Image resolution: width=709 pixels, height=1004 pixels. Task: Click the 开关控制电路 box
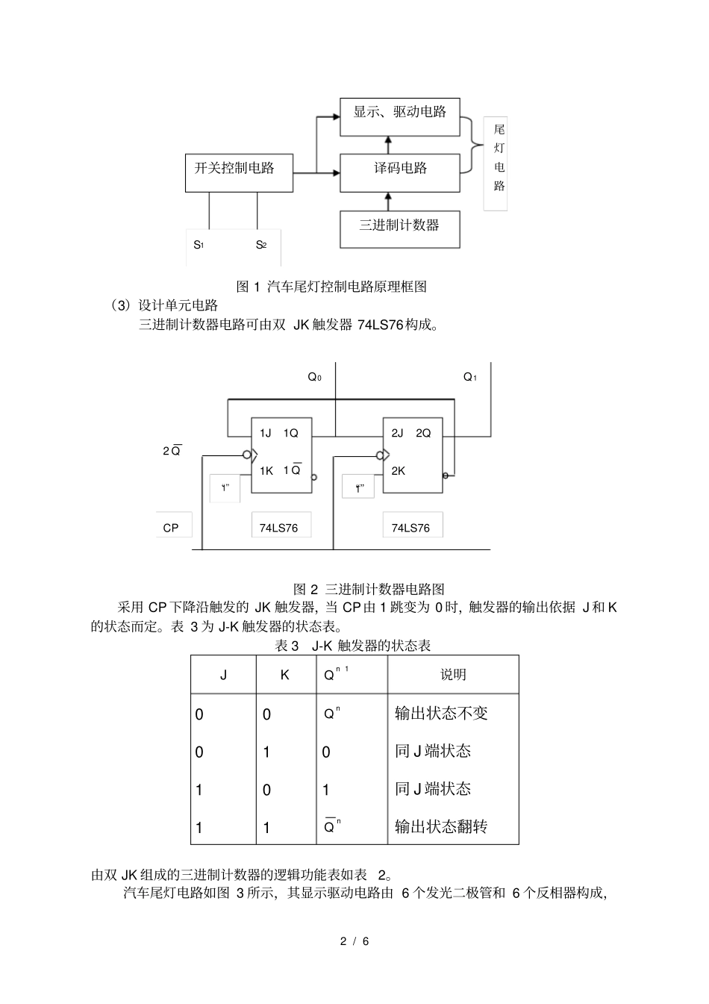pyautogui.click(x=239, y=172)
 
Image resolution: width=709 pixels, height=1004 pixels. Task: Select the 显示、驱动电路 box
pyautogui.click(x=399, y=116)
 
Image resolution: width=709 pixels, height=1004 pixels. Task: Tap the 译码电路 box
pyautogui.click(x=399, y=172)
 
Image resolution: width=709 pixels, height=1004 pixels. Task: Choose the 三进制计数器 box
pyautogui.click(x=399, y=229)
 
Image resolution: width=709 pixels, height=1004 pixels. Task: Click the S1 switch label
pyautogui.click(x=199, y=244)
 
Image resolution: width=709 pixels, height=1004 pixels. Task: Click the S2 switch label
pyautogui.click(x=260, y=244)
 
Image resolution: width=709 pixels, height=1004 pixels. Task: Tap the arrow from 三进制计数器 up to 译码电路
pyautogui.click(x=387, y=201)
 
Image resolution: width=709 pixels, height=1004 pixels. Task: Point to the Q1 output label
pyautogui.click(x=469, y=377)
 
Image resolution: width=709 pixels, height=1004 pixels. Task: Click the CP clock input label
pyautogui.click(x=171, y=528)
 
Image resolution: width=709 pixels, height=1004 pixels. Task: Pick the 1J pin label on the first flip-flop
pyautogui.click(x=265, y=433)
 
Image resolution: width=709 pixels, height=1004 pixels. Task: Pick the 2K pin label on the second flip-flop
pyautogui.click(x=398, y=471)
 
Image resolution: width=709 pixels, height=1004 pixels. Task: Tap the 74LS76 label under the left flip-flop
pyautogui.click(x=278, y=528)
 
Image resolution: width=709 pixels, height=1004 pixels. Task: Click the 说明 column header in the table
pyautogui.click(x=453, y=674)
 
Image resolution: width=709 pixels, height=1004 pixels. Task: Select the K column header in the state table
pyautogui.click(x=284, y=675)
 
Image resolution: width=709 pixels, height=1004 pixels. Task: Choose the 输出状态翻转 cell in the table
pyautogui.click(x=441, y=826)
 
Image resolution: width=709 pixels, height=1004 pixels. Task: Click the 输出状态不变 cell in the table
pyautogui.click(x=441, y=713)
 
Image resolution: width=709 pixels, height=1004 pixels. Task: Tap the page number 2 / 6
pyautogui.click(x=355, y=941)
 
